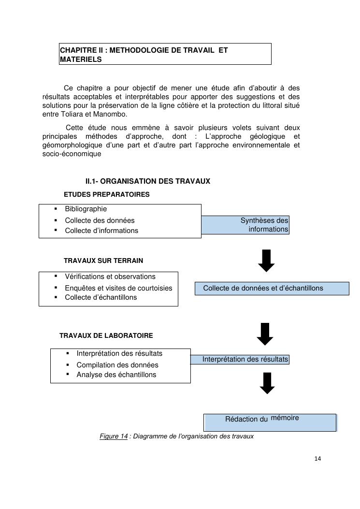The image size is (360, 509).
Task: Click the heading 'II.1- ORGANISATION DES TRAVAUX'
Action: click(x=147, y=181)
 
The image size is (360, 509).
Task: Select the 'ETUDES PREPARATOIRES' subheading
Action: click(x=106, y=194)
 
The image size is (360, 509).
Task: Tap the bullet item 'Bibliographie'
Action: click(x=86, y=209)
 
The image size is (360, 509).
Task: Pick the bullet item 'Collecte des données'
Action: click(x=100, y=220)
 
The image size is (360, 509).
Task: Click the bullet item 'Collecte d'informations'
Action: click(x=101, y=231)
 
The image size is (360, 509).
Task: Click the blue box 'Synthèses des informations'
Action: click(x=245, y=225)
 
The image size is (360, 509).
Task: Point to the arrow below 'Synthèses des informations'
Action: click(x=266, y=261)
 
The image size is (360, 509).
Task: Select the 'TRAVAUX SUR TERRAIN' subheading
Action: click(x=103, y=261)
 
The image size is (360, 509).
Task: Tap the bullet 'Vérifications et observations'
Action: click(x=110, y=276)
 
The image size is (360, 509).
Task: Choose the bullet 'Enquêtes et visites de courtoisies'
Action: click(x=118, y=288)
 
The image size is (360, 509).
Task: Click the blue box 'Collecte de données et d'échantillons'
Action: click(x=272, y=289)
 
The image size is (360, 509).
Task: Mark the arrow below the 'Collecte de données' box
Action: click(x=265, y=334)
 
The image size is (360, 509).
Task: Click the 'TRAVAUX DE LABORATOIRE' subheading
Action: click(x=106, y=335)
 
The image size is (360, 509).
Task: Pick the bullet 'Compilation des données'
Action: click(x=117, y=365)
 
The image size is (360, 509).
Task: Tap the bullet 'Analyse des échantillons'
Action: click(x=116, y=375)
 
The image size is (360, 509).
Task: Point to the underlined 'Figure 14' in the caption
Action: click(x=114, y=436)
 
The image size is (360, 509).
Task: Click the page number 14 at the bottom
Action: click(x=317, y=459)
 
